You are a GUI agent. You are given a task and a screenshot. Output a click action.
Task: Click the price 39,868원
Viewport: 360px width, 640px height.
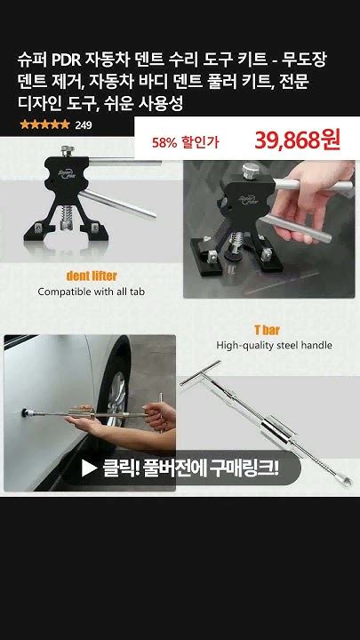(x=297, y=140)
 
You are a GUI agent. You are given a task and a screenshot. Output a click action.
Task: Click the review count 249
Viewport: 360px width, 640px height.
(x=84, y=125)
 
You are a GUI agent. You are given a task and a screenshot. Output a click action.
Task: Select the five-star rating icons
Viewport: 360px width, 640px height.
(x=44, y=125)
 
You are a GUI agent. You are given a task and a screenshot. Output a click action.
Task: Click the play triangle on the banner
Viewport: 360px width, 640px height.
(x=89, y=467)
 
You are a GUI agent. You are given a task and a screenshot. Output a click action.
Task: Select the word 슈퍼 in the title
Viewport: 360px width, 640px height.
(x=31, y=60)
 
